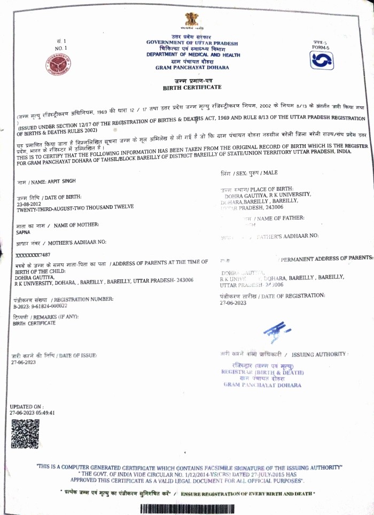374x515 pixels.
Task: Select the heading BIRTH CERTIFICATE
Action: (x=191, y=87)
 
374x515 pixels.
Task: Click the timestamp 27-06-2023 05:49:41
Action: (x=33, y=413)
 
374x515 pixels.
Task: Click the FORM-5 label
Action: (x=321, y=48)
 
